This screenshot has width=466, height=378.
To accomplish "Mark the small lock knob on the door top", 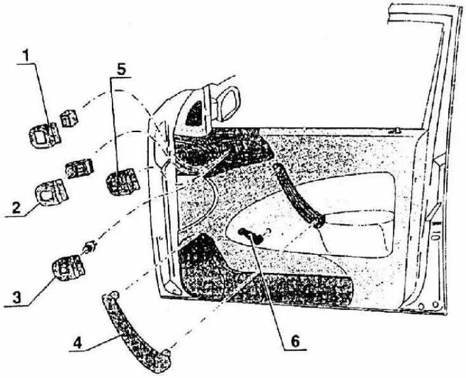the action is [x=396, y=132].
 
